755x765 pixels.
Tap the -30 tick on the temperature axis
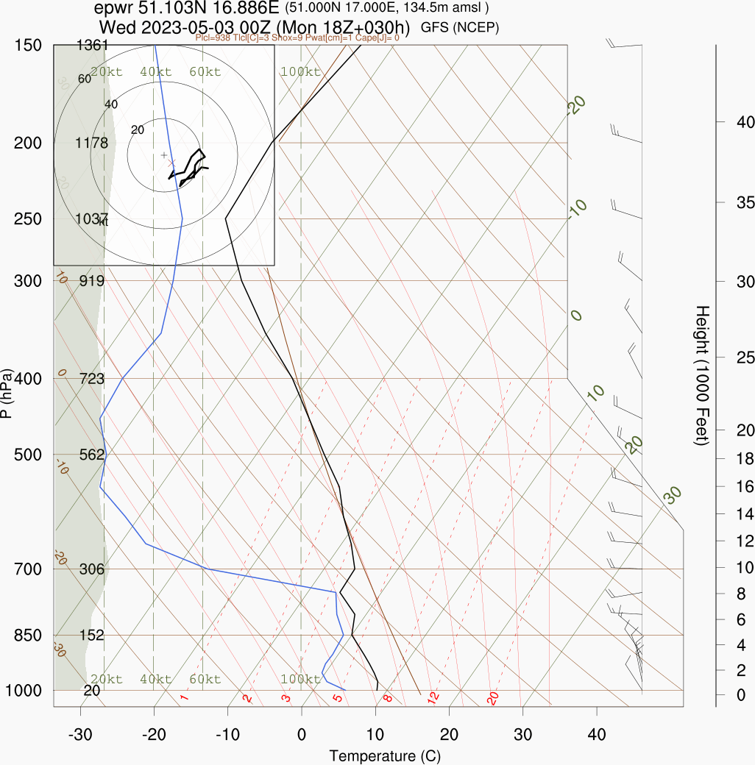click(x=80, y=734)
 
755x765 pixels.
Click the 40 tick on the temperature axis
click(x=597, y=734)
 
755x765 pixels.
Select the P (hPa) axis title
click(x=7, y=393)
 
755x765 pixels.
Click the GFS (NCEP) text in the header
click(x=460, y=27)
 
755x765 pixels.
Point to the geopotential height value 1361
click(x=92, y=46)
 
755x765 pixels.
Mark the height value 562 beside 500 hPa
click(x=92, y=455)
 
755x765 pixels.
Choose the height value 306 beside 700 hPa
click(x=92, y=569)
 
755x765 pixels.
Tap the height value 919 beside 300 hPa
click(x=92, y=280)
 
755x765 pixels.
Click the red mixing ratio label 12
click(x=433, y=696)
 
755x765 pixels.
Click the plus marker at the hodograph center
click(x=164, y=155)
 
